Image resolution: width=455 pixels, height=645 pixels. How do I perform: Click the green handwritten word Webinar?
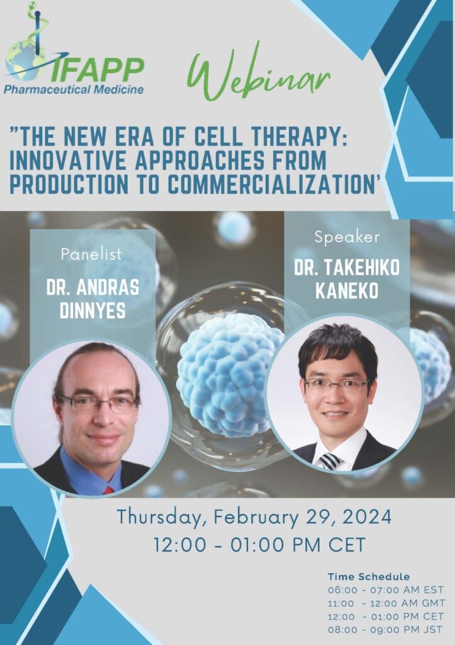click(258, 73)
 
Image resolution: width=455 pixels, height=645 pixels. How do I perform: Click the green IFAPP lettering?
click(99, 69)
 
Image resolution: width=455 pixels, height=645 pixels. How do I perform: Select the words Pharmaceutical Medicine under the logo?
click(74, 89)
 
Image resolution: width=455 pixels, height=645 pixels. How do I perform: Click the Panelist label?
click(91, 254)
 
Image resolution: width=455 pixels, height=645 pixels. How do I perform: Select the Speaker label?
click(347, 237)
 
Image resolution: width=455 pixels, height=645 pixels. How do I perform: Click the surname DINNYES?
click(93, 310)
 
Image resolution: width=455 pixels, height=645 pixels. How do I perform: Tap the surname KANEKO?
click(347, 290)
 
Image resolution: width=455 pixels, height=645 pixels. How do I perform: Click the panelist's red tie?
click(109, 490)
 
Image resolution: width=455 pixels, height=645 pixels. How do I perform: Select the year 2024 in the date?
click(367, 517)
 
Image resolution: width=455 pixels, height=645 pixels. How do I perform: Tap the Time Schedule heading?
click(369, 576)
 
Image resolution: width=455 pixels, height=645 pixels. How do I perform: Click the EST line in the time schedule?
click(386, 590)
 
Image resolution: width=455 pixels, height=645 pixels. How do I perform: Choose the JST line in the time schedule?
click(385, 629)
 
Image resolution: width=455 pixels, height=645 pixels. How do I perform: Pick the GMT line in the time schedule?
click(386, 603)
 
